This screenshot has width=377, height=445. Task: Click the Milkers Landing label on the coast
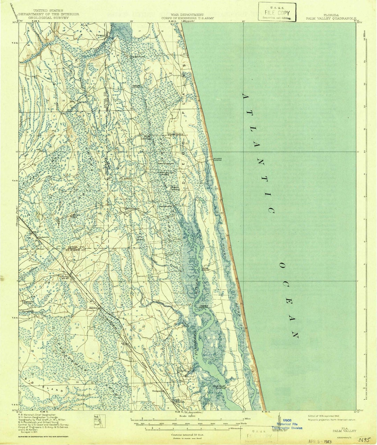[217, 159]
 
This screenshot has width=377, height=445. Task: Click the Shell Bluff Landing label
[219, 387]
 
